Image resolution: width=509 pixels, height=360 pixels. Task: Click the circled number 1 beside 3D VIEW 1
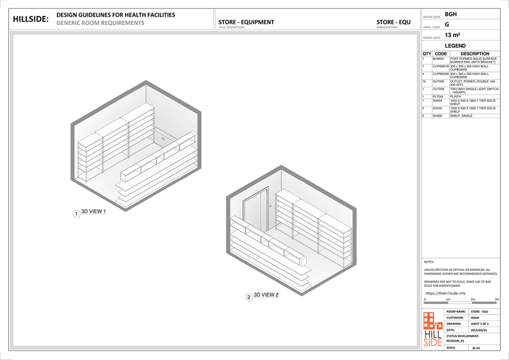[x=76, y=214]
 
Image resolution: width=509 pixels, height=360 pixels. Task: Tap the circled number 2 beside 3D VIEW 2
[x=249, y=297]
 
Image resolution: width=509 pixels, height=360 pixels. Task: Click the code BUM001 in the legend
[x=438, y=59]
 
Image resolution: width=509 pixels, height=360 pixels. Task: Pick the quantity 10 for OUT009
[x=424, y=81]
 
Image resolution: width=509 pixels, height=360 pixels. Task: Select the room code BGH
[x=450, y=14]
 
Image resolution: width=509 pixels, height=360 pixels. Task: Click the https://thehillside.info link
[x=445, y=293]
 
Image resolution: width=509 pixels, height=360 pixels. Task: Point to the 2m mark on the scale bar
[x=473, y=299]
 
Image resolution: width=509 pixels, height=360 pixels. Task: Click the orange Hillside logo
[x=433, y=329]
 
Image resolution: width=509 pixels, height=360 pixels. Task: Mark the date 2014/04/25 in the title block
[x=479, y=330]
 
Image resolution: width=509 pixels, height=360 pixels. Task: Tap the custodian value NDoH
[x=475, y=317]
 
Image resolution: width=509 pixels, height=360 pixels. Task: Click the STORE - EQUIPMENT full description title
[x=246, y=22]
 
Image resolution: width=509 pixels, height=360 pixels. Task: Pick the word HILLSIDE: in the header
[x=30, y=19]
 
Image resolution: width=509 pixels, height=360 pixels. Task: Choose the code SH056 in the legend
[x=437, y=116]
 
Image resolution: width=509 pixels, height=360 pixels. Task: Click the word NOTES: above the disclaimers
[x=429, y=262]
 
